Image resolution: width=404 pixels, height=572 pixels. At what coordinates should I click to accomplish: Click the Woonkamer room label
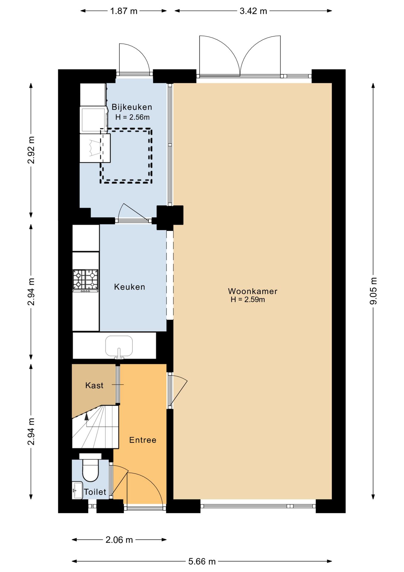point(253,291)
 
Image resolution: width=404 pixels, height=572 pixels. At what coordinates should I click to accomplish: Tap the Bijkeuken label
point(132,107)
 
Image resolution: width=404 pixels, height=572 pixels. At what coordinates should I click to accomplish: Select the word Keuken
point(130,287)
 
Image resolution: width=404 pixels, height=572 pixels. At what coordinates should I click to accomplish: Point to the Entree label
point(143,440)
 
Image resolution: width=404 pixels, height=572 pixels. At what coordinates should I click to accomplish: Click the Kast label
point(94,386)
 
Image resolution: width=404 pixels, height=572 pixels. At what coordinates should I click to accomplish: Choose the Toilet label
point(95,492)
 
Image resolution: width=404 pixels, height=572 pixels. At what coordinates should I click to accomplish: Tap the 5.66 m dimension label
point(202,561)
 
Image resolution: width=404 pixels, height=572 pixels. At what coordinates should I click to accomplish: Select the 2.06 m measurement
point(119,540)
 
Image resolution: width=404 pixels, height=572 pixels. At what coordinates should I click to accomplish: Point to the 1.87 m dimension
point(124,11)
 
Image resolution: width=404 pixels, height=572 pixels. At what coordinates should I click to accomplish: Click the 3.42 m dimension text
point(253,11)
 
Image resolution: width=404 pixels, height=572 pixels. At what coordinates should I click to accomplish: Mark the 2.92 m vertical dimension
point(31,150)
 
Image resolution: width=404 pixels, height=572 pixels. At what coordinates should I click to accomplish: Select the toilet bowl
point(90,467)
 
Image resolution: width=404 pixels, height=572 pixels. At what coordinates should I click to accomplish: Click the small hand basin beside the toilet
point(77,490)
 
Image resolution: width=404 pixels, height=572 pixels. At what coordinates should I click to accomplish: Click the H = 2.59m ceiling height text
point(248,300)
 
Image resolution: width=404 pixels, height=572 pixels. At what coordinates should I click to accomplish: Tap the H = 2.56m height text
point(132,117)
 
